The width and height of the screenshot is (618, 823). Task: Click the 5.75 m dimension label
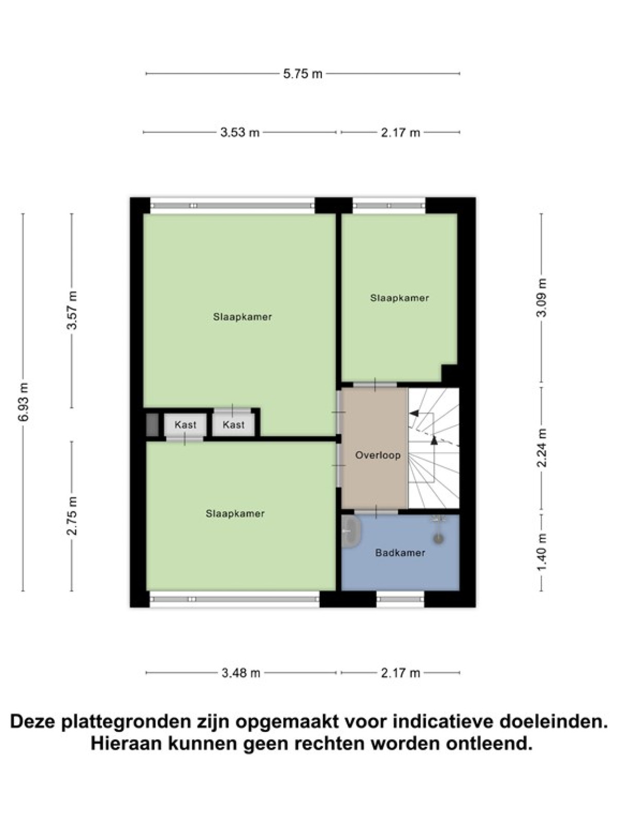[302, 74]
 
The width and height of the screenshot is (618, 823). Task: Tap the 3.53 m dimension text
[240, 132]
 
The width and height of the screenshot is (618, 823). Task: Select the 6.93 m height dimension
[23, 402]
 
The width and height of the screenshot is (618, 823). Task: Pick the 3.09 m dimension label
[541, 298]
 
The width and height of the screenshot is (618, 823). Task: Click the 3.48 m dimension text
[241, 673]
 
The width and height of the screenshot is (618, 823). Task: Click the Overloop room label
[378, 455]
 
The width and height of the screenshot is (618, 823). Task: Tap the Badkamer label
[400, 552]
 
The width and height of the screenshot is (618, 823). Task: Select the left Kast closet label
[185, 425]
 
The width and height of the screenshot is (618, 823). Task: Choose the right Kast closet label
[233, 425]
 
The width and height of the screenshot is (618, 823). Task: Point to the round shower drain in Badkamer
[438, 539]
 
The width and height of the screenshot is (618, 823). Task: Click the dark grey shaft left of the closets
[151, 424]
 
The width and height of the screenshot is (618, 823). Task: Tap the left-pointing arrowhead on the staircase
[414, 413]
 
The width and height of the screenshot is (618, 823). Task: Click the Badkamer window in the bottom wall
[400, 599]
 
